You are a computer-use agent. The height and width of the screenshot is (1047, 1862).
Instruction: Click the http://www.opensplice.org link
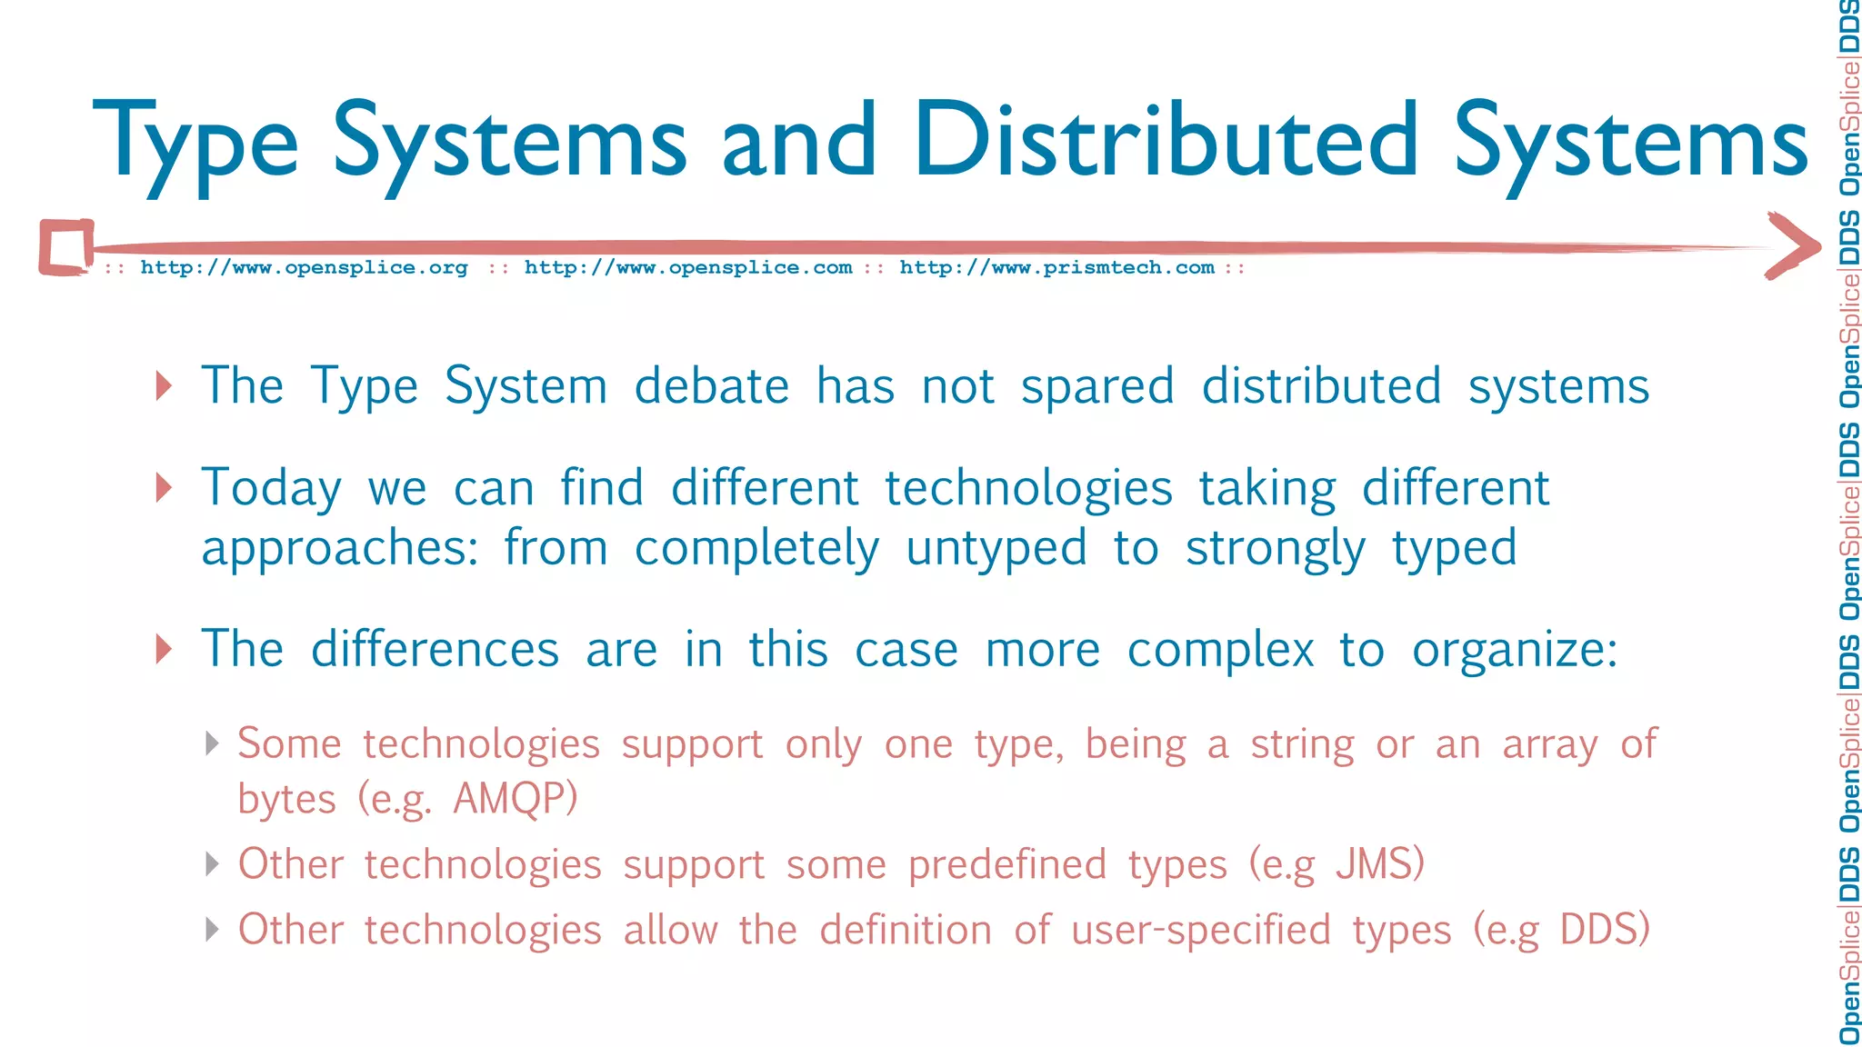pyautogui.click(x=304, y=268)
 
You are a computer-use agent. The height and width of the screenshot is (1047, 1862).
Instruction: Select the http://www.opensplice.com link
pyautogui.click(x=688, y=268)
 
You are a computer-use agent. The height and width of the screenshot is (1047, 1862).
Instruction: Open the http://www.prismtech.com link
pyautogui.click(x=1056, y=268)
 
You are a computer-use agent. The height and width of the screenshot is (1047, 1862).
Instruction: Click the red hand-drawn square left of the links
pyautogui.click(x=66, y=247)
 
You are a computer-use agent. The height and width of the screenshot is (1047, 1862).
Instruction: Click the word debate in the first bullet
pyautogui.click(x=711, y=386)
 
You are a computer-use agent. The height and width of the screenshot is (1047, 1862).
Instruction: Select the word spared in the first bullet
pyautogui.click(x=1097, y=388)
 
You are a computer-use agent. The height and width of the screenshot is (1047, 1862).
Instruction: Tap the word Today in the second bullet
pyautogui.click(x=271, y=489)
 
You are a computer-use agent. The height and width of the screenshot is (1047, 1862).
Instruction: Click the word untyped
pyautogui.click(x=996, y=549)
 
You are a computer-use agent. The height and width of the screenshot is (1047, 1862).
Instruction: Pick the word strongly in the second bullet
pyautogui.click(x=1275, y=549)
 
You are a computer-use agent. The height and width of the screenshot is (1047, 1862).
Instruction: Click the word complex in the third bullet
pyautogui.click(x=1220, y=651)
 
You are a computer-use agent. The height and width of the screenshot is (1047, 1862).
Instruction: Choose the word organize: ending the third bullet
pyautogui.click(x=1515, y=651)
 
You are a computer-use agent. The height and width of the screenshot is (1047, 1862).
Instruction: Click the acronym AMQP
pyautogui.click(x=515, y=799)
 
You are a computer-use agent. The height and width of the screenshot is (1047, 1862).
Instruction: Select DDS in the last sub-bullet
pyautogui.click(x=1604, y=930)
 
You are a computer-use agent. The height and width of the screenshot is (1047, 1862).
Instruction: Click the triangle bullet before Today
pyautogui.click(x=164, y=488)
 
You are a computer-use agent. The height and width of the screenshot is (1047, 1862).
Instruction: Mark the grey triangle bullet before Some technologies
pyautogui.click(x=212, y=743)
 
